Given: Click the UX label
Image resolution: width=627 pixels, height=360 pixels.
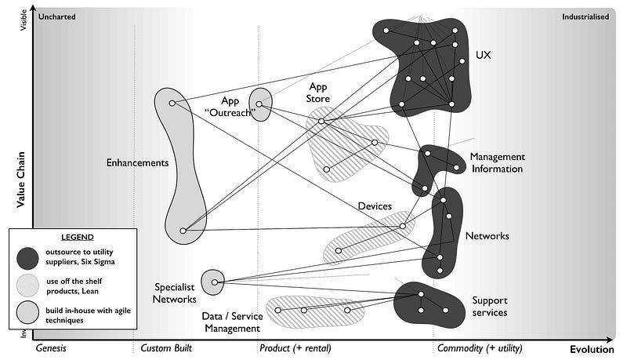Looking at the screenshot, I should point(484,56).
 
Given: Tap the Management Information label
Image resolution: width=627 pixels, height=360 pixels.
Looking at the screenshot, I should point(496,162).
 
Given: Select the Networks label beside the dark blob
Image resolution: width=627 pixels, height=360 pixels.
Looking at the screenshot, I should point(487,236).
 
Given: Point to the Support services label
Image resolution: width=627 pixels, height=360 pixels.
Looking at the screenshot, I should point(489,306).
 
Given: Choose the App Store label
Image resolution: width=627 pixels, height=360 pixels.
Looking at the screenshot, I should point(319,93).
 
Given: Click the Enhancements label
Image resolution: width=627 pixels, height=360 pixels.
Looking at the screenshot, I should point(137,163).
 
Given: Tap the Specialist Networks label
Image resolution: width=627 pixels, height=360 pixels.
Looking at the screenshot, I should point(175,293).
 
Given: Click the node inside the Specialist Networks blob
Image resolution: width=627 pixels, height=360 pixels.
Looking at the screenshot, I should point(214,282).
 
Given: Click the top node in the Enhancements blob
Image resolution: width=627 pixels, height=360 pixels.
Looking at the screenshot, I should point(172,103).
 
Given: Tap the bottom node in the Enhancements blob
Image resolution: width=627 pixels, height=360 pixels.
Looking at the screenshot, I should point(183,231).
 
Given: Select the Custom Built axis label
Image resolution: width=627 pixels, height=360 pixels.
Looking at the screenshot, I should point(167,348).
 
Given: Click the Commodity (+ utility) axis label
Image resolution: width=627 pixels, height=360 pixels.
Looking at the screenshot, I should point(479,348).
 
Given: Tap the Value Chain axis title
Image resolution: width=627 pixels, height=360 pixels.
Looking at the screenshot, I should point(21,179).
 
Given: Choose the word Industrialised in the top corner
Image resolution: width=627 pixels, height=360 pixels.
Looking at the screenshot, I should point(585,16).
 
